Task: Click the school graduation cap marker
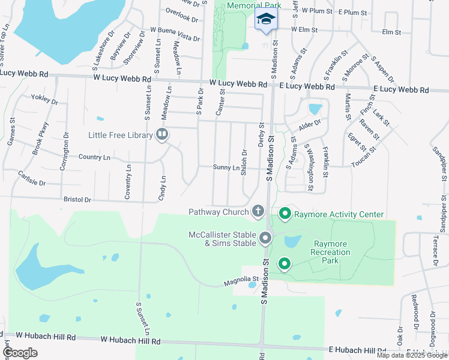pos(266,19)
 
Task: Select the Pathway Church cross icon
pos(258,211)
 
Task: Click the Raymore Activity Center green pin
pos(285,213)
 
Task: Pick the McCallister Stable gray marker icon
pos(265,239)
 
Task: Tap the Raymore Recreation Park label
pos(331,252)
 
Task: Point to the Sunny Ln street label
pos(226,167)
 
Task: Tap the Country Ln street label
pos(94,157)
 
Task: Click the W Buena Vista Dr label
pos(175,34)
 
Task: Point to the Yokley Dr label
pos(44,100)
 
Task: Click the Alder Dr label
pos(310,125)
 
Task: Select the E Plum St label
pos(352,12)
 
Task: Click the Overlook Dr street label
pos(178,13)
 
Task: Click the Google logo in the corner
pos(20,353)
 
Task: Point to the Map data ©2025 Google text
pos(412,355)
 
